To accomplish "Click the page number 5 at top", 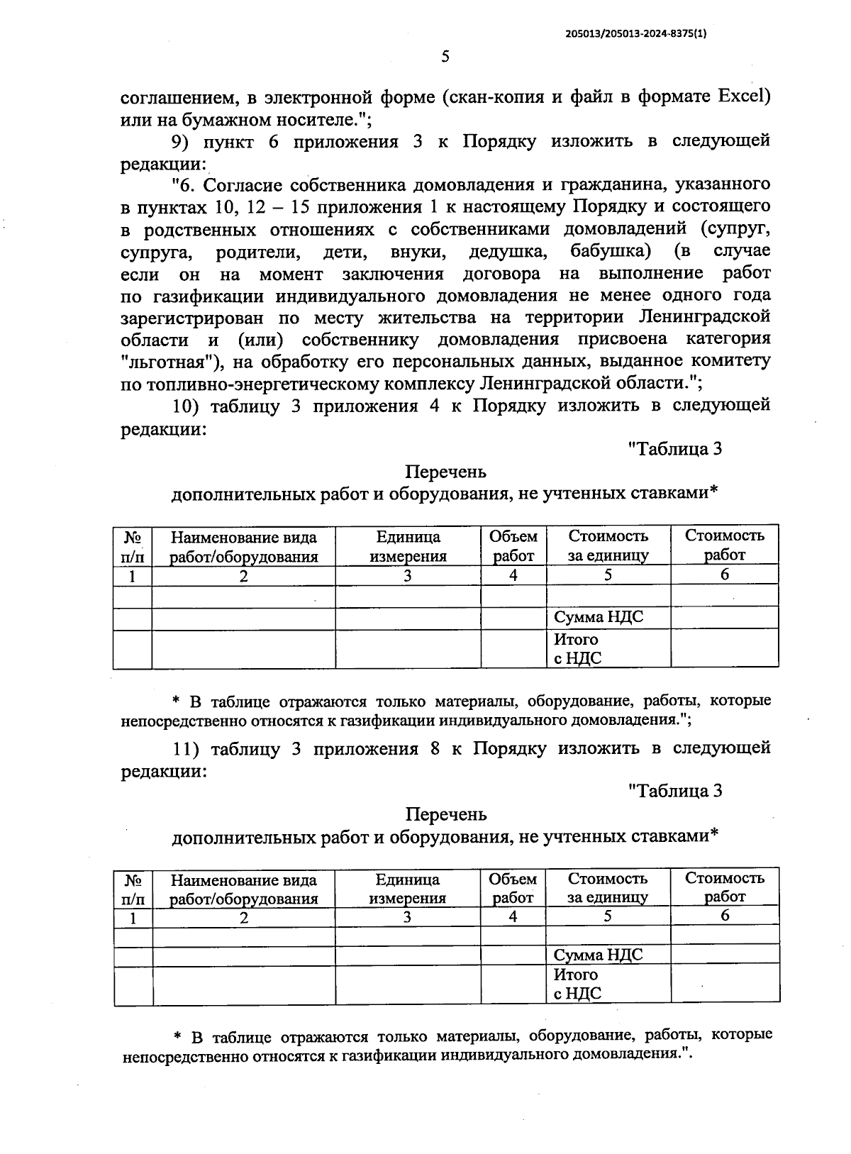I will point(445,57).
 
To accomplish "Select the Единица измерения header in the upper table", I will point(408,546).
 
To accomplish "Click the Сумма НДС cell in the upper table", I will point(599,617).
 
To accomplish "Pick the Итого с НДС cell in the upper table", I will point(577,648).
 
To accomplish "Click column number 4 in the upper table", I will point(513,575).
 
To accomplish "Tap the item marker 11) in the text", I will point(187,748).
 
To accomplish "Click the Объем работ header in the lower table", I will point(513,888).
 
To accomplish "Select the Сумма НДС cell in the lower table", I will point(599,955).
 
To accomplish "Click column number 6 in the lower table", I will point(725,916).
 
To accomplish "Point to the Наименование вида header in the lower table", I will point(243,880).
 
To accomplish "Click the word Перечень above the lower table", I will point(446,814).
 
